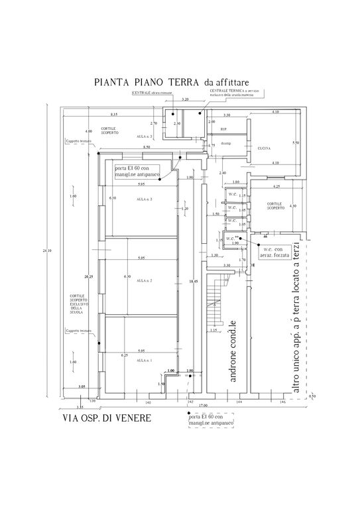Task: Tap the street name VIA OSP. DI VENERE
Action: pyautogui.click(x=107, y=419)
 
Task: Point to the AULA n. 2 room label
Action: pyautogui.click(x=145, y=281)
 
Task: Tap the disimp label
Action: pyautogui.click(x=225, y=142)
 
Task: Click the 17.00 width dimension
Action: pyautogui.click(x=202, y=406)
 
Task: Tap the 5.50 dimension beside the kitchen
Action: pyautogui.click(x=295, y=142)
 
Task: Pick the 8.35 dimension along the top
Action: pyautogui.click(x=114, y=114)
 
